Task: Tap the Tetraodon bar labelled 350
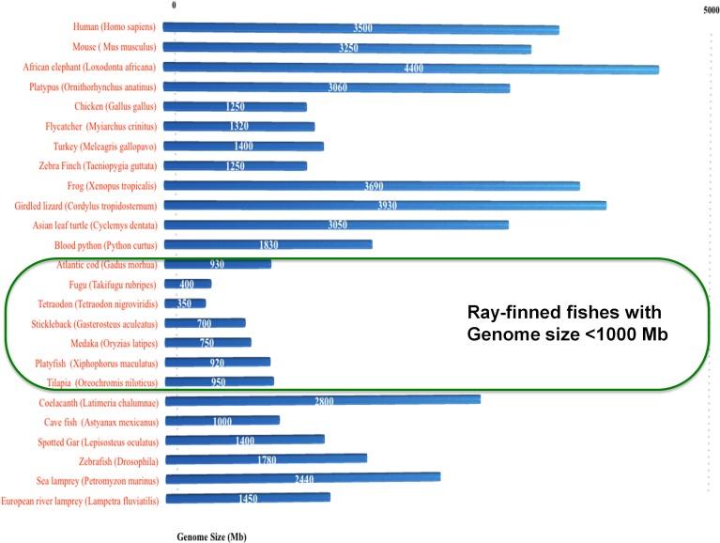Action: click(184, 303)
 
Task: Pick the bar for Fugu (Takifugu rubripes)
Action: click(187, 284)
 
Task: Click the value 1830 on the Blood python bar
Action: click(269, 244)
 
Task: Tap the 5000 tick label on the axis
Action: click(710, 9)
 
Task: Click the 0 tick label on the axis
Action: click(173, 7)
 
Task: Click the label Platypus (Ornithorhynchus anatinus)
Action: click(92, 87)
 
